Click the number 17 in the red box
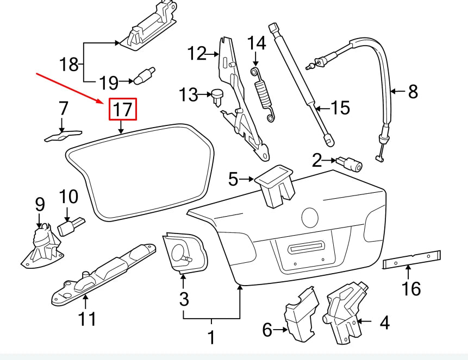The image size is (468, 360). [123, 110]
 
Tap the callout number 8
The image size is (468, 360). [413, 91]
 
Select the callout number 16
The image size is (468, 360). [412, 288]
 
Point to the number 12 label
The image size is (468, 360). [197, 54]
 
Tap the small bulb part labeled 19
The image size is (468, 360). [144, 76]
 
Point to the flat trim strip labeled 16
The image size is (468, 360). [411, 258]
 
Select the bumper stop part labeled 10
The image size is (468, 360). [71, 226]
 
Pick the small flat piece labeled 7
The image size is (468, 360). [62, 135]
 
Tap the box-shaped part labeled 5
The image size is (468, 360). [275, 184]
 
